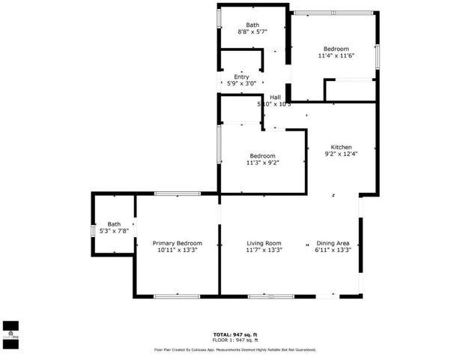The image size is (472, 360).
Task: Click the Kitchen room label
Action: (338, 147)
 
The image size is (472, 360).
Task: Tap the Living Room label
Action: (264, 243)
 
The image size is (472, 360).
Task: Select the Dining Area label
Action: (333, 243)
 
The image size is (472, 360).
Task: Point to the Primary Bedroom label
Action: (177, 243)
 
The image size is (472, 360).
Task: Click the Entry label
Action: (241, 76)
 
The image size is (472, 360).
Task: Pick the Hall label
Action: (275, 97)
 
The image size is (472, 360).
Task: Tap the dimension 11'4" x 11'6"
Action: (336, 55)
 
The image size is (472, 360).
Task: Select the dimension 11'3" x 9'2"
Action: (262, 163)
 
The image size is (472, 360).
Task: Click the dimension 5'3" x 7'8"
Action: (114, 231)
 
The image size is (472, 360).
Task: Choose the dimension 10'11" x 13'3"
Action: (177, 250)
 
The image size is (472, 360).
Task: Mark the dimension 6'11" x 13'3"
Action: (333, 250)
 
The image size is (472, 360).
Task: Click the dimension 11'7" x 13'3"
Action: (264, 250)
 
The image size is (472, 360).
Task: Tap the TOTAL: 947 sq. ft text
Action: (235, 334)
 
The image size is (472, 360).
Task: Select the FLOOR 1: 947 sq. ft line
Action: (235, 340)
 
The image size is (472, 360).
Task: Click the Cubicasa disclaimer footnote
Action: (235, 349)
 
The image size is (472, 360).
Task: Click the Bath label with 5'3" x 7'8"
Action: (114, 223)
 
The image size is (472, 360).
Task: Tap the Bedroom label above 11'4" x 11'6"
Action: (336, 49)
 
